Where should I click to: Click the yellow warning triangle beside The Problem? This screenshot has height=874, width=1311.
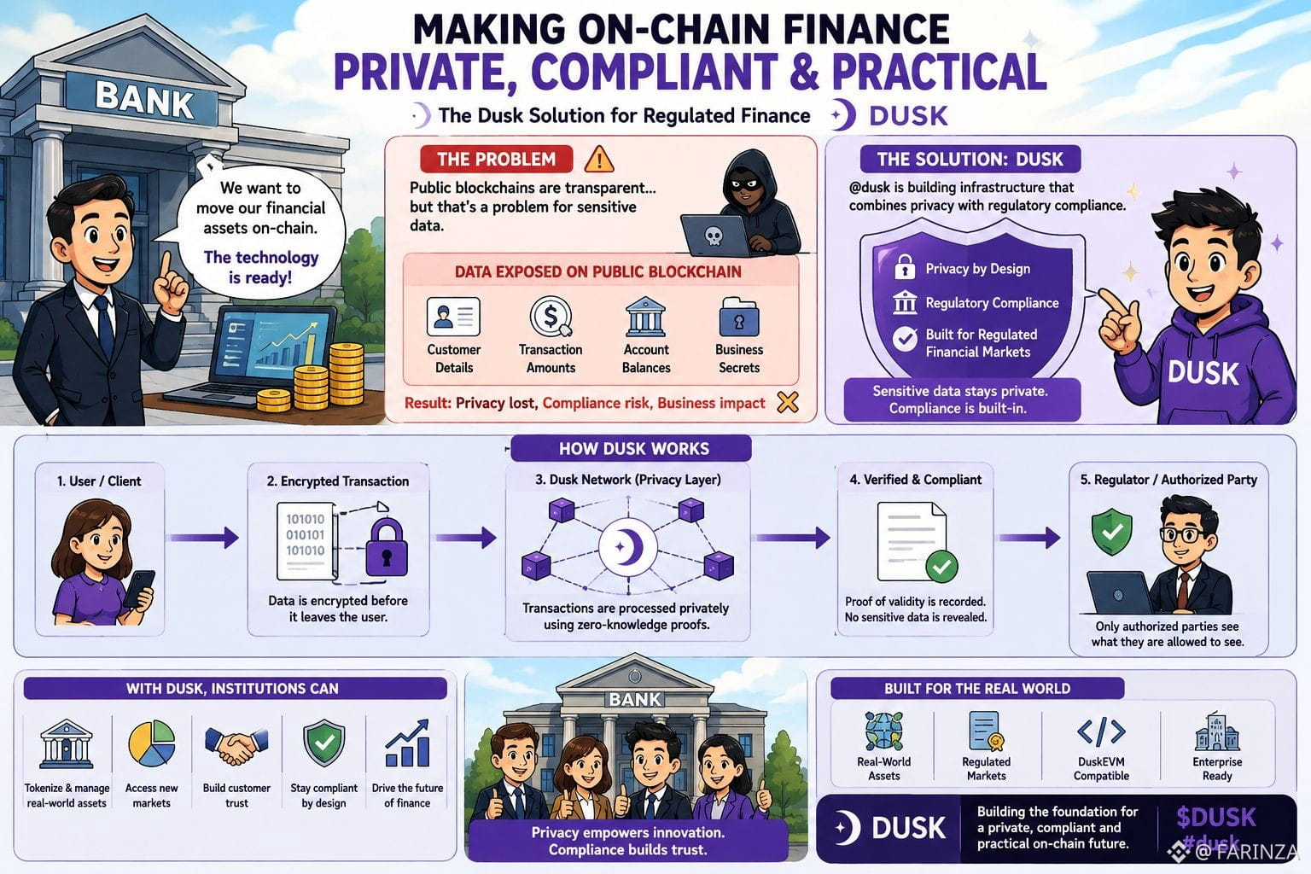pyautogui.click(x=598, y=160)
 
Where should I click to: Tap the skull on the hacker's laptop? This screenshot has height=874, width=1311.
pyautogui.click(x=713, y=236)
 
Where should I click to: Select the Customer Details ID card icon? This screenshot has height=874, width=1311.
pyautogui.click(x=453, y=317)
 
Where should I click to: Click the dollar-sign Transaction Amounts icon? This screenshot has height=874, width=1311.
pyautogui.click(x=551, y=317)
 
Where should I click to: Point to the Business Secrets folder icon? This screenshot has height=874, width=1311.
pyautogui.click(x=739, y=318)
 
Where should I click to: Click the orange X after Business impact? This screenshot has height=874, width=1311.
pyautogui.click(x=788, y=402)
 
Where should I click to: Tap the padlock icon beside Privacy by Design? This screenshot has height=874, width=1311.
pyautogui.click(x=905, y=267)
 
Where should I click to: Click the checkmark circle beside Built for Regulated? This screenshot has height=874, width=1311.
pyautogui.click(x=905, y=338)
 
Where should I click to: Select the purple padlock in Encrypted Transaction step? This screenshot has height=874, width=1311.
pyautogui.click(x=387, y=547)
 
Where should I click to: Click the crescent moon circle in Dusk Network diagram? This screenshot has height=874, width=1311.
pyautogui.click(x=628, y=547)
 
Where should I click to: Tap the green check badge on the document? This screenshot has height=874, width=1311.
pyautogui.click(x=941, y=566)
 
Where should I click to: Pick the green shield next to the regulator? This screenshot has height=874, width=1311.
pyautogui.click(x=1111, y=531)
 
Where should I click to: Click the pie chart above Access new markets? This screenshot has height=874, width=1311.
pyautogui.click(x=152, y=743)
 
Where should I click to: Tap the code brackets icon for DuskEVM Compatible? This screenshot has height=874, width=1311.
pyautogui.click(x=1101, y=731)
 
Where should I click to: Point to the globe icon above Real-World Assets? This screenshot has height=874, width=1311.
pyautogui.click(x=883, y=731)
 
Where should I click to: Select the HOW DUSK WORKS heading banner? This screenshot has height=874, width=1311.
pyautogui.click(x=631, y=448)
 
